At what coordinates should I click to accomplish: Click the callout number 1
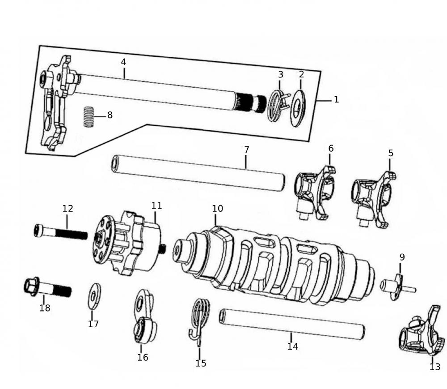coord(336,100)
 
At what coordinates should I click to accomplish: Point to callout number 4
coord(123,62)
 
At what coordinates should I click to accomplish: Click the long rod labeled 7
coord(199,172)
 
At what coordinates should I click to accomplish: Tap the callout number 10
coord(218,209)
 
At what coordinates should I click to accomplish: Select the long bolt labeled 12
coord(60,232)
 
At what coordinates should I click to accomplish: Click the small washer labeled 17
coord(94,296)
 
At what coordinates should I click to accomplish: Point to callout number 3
coord(281,74)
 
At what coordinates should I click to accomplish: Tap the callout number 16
coord(143,357)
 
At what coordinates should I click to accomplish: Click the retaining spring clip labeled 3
coord(277,106)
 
